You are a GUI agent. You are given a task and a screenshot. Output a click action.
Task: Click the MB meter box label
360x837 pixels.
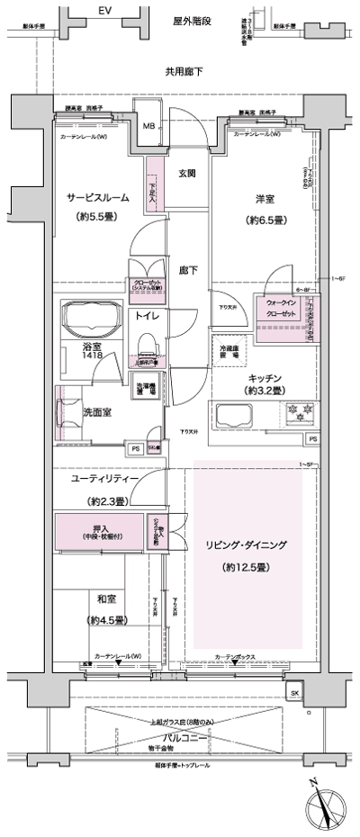point(149,126)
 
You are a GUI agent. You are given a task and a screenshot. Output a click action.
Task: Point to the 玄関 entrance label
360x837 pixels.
point(187,173)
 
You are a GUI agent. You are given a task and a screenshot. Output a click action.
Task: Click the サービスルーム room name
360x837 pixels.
point(97,197)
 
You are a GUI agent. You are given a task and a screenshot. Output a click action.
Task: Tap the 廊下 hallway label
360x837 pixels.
point(188,269)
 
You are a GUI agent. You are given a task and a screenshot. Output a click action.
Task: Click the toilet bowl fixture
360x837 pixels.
point(147,345)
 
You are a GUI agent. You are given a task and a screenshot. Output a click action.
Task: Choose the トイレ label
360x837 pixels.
point(147,316)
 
